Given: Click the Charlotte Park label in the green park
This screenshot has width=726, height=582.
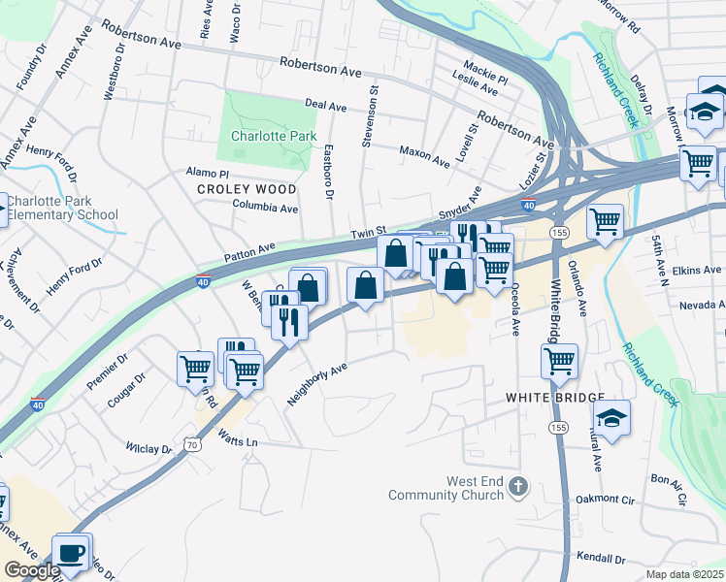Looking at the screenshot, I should tap(273, 136).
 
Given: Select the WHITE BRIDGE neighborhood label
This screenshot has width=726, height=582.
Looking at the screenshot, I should tap(554, 398).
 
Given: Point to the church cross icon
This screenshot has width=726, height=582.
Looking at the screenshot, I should tap(519, 487).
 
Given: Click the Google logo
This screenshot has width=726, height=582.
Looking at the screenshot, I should tap(32, 571).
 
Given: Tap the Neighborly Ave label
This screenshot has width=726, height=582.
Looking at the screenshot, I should tap(317, 384).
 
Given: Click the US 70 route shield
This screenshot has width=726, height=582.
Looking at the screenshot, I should tap(193, 444).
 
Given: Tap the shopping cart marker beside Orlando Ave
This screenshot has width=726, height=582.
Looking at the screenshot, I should tap(606, 221).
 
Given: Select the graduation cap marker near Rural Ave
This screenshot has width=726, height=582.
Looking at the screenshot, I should tap(611, 418).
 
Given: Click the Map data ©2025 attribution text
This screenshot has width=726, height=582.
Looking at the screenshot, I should tap(683, 574).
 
